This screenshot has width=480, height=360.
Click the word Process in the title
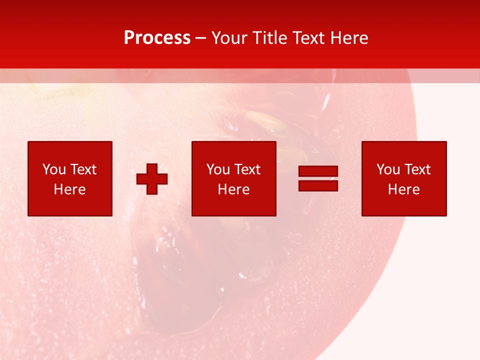[157, 38]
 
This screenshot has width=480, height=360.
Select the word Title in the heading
[270, 38]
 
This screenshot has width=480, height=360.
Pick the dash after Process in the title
[201, 38]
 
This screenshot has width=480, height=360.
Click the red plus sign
[152, 178]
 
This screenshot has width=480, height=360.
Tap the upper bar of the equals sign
[318, 171]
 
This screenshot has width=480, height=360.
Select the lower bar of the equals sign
[318, 185]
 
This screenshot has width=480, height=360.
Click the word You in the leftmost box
[54, 169]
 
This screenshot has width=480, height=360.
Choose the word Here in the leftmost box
[69, 189]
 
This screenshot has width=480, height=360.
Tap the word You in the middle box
[218, 169]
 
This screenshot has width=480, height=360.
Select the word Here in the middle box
[233, 189]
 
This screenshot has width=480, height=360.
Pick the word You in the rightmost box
[388, 169]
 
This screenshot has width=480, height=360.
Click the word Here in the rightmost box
[403, 189]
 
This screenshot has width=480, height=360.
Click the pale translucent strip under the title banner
[240, 75]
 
